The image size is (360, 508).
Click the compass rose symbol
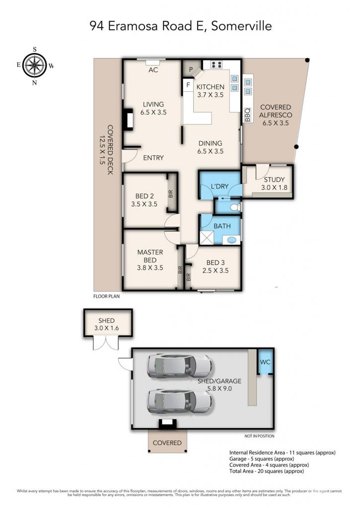click(34, 65)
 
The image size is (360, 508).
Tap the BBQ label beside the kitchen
click(247, 115)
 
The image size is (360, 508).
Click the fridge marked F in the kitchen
click(188, 85)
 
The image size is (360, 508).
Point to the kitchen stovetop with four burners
click(216, 64)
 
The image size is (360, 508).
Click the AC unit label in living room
click(153, 69)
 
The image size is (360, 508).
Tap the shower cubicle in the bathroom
click(207, 238)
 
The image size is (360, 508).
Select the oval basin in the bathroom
click(231, 240)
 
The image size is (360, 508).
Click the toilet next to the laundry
click(237, 207)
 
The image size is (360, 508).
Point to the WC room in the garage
click(265, 362)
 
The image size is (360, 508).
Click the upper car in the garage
click(180, 367)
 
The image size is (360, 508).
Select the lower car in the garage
click(180, 401)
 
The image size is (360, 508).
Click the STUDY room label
click(274, 180)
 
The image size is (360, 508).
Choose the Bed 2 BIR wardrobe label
click(171, 194)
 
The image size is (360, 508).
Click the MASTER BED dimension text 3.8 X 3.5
click(150, 268)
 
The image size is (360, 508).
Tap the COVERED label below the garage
click(167, 443)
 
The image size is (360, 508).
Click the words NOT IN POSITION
click(259, 436)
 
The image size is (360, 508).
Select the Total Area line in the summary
click(267, 471)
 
